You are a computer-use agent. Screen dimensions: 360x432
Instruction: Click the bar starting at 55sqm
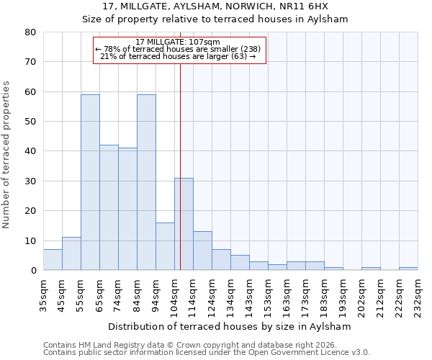point(90,182)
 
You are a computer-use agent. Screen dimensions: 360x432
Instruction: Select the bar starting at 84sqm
point(146,182)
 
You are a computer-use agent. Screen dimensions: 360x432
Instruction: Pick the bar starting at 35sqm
point(53,260)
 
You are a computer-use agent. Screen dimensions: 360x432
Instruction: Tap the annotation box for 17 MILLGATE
point(180,50)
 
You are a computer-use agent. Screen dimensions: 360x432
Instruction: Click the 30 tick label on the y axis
point(30,181)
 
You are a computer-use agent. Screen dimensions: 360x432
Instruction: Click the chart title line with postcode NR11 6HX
point(215,6)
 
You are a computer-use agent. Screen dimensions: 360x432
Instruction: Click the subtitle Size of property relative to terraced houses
point(215,19)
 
